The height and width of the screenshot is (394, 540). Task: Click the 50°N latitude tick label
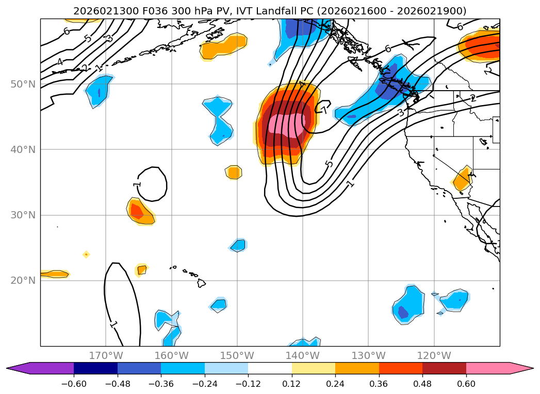click(x=23, y=84)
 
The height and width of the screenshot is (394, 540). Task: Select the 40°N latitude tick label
click(x=23, y=149)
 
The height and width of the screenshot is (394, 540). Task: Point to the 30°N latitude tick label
click(x=23, y=215)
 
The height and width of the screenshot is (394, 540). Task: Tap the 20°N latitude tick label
click(x=23, y=280)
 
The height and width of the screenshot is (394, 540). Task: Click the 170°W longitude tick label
click(x=106, y=355)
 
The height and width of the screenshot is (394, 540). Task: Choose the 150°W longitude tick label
click(x=237, y=355)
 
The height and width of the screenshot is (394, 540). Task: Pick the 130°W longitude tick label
click(x=368, y=355)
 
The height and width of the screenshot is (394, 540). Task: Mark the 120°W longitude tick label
click(x=434, y=355)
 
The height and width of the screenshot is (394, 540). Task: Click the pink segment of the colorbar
click(x=488, y=368)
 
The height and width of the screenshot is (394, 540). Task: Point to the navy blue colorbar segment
click(x=95, y=368)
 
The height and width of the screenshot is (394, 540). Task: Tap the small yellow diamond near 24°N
click(x=86, y=254)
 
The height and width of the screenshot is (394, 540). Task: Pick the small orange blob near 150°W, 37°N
click(x=234, y=172)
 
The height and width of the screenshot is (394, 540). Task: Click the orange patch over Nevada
click(x=462, y=180)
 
